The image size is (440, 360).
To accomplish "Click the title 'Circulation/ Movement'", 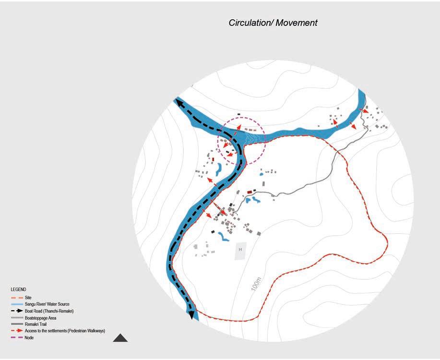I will [273, 23].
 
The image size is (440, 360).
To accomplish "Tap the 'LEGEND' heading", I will [19, 290].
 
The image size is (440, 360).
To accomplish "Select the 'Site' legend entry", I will [28, 298].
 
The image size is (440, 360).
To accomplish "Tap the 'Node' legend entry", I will [29, 338].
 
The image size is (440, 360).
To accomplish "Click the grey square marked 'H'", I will [240, 250].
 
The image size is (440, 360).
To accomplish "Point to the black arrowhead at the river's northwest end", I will [178, 102].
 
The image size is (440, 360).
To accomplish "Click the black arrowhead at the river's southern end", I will [193, 315].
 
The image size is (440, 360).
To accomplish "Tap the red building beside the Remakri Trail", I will [250, 192].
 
